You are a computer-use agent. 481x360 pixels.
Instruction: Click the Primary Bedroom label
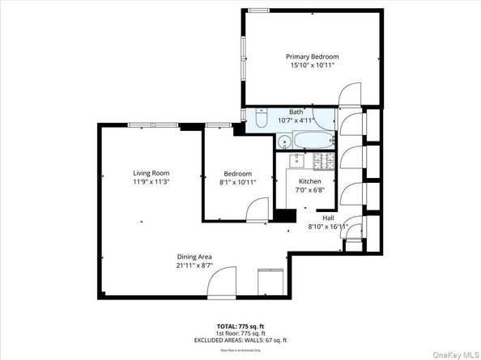[312, 57]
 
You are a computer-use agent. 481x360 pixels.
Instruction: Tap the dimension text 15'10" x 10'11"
[312, 66]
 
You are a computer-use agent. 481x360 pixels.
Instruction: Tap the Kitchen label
[310, 181]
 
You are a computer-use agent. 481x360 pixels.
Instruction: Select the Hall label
[328, 218]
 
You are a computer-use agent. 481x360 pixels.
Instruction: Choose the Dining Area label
[195, 256]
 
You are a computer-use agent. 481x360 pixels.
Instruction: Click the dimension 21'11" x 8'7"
[195, 265]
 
